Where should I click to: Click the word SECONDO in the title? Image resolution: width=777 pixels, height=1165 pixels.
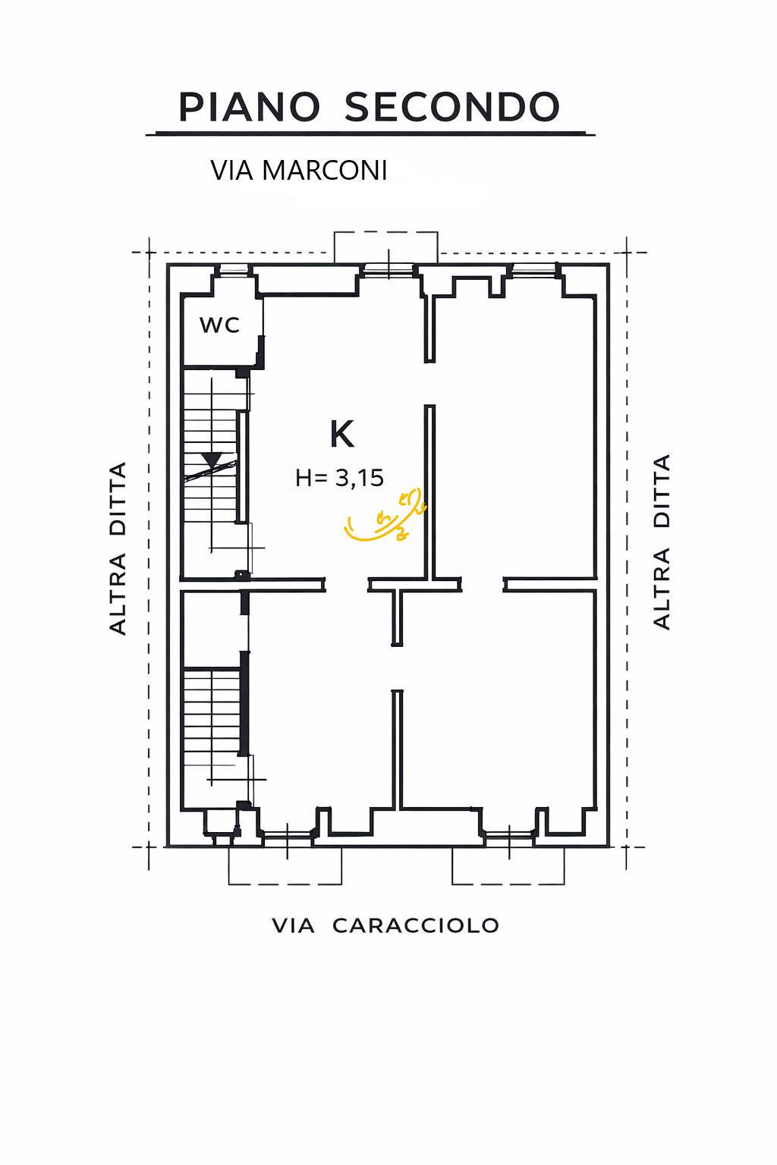452,107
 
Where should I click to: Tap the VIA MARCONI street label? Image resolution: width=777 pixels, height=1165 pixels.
299,171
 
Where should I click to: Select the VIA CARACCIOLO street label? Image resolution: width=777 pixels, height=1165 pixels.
385,925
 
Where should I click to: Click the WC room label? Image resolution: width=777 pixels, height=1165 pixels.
219,325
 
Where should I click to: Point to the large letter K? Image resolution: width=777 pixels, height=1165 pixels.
341,435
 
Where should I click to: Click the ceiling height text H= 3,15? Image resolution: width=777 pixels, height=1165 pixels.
339,478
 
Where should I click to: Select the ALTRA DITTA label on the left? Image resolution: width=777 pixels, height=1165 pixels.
118,548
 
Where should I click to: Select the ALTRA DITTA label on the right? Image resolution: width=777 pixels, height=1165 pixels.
662,542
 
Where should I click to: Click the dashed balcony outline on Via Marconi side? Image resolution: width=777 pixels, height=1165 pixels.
386,244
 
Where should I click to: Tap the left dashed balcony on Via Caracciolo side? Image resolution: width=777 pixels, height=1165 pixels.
285,868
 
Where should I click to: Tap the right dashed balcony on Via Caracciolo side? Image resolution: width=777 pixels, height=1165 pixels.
508,868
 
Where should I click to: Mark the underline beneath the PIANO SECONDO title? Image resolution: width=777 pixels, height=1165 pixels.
370,134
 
